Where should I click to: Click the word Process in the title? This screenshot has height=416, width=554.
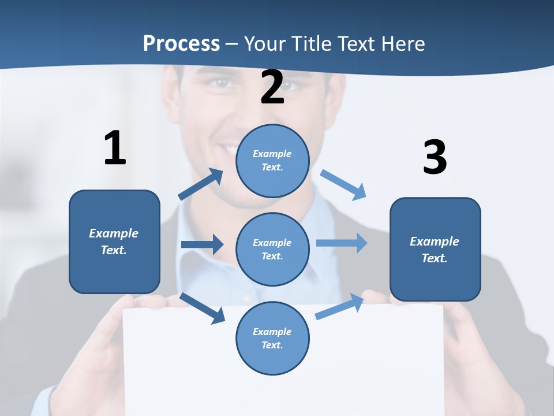tap(181, 43)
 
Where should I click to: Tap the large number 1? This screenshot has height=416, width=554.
tap(115, 148)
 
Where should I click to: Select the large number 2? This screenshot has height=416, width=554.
tap(272, 87)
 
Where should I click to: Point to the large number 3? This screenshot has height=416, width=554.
tap(435, 157)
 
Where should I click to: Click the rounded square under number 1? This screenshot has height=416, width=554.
tap(114, 242)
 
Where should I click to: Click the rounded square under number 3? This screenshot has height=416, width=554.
tap(435, 249)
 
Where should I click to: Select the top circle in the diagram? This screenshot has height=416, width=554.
tap(272, 161)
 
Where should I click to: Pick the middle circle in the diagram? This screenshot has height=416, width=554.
tap(272, 249)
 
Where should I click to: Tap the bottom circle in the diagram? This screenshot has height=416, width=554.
tap(272, 338)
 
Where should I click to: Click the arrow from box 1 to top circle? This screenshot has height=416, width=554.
tap(201, 184)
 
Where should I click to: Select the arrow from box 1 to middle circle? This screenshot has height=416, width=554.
tap(202, 244)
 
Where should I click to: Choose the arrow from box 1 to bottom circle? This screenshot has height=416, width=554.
tap(203, 308)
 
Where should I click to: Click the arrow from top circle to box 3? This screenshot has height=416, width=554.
tap(343, 184)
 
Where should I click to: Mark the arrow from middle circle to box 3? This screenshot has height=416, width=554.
tap(342, 243)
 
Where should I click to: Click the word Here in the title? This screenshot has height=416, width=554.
tap(402, 43)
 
